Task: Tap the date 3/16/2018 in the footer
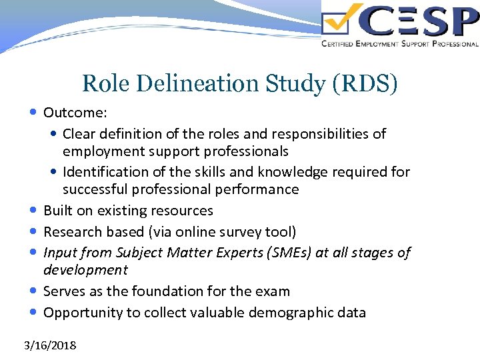tap(50, 345)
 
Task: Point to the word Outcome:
tap(71, 112)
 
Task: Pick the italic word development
tap(85, 270)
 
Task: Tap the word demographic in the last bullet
tap(289, 312)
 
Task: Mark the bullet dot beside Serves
tap(34, 291)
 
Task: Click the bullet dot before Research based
tap(34, 231)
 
